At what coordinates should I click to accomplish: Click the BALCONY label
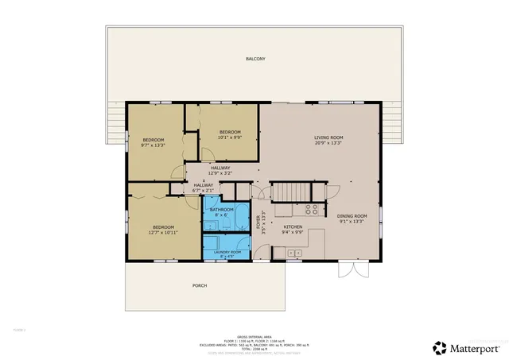pos(254,60)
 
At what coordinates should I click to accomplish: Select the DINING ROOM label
pos(351,216)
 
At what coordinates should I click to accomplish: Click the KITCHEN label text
pos(293,227)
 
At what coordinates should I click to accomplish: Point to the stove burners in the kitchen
pos(312,211)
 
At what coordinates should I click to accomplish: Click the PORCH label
pos(200,285)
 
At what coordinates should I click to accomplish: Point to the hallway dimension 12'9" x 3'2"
pos(220,173)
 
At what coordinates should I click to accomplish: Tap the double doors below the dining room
pos(351,270)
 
